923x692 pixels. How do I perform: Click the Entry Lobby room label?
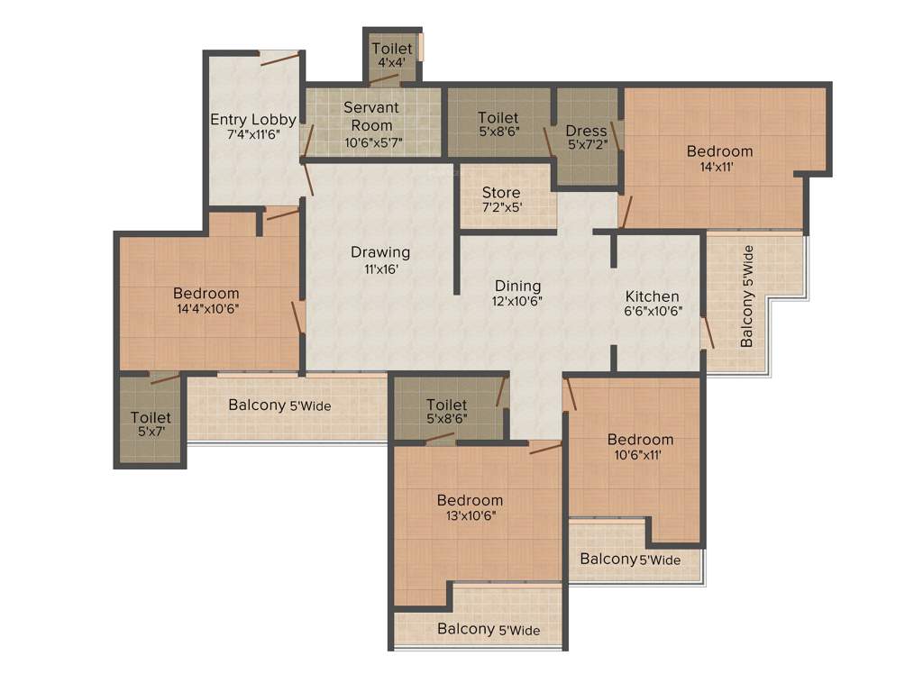coord(253,120)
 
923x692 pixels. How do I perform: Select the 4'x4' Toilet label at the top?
coord(391,49)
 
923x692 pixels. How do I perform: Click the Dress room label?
coord(586,132)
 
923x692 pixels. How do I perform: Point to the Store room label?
coord(501,193)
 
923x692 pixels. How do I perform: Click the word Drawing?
coord(380,252)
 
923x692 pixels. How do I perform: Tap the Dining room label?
coord(517,287)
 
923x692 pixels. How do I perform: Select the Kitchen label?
coord(653,296)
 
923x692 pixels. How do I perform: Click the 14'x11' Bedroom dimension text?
coord(719,167)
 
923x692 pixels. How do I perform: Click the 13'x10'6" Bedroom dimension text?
coord(470,515)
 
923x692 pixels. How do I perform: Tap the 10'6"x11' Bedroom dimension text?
coord(640,455)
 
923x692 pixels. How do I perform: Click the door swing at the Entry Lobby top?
coord(279,59)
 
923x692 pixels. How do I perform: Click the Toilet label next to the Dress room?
coord(498,117)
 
